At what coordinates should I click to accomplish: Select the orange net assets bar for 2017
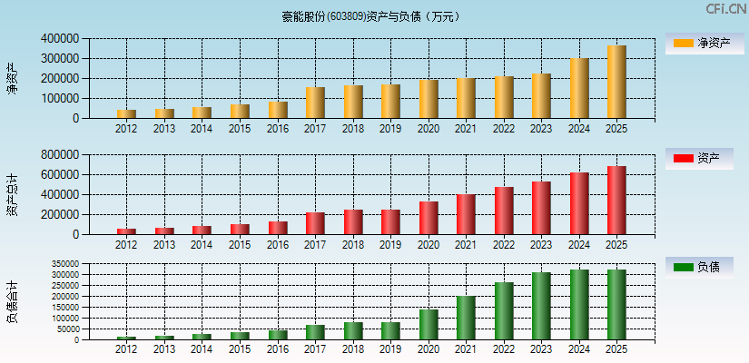point(315,103)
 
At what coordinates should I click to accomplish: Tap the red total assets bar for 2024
point(578,203)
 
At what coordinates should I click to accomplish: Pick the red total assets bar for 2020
point(429,218)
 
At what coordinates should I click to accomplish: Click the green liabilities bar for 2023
point(541,306)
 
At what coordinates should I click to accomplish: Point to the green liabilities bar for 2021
point(466,318)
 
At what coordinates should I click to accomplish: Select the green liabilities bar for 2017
point(315,332)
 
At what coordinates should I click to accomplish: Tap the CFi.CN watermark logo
point(726,9)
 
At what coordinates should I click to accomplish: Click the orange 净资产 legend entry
point(699,43)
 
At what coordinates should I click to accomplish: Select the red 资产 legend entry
point(699,159)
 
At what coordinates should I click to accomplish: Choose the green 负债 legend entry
point(699,267)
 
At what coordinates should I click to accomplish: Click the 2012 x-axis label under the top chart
point(126,128)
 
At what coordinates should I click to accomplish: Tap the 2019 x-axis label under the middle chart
point(390,244)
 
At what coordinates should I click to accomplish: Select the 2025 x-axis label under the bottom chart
point(616,349)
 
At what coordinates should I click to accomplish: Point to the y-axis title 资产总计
point(12,194)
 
